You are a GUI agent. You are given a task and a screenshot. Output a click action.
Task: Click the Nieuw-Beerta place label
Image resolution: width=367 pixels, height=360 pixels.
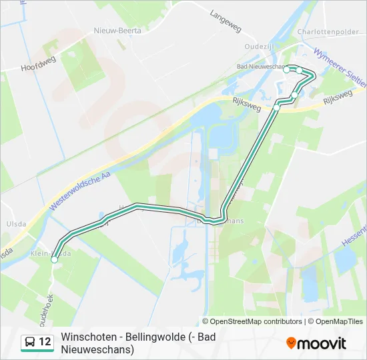coord(116,30)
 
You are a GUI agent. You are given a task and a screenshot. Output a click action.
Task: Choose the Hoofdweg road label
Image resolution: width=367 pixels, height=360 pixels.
coord(38,65)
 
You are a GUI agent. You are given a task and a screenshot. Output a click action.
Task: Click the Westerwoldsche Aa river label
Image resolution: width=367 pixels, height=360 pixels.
coord(79,189)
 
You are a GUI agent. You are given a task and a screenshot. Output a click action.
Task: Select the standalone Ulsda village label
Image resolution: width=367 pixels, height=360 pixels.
coord(14,224)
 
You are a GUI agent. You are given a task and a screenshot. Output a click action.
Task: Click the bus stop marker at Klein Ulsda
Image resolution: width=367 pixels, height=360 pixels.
coord(54,260)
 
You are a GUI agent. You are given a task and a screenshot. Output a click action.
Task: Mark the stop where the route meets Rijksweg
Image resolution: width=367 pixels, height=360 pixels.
coord(276,107)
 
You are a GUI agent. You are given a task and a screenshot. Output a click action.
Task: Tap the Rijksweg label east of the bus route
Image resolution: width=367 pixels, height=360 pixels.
coord(337,97)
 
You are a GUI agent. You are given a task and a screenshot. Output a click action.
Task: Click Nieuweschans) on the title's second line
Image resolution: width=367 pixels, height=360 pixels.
coord(97,349)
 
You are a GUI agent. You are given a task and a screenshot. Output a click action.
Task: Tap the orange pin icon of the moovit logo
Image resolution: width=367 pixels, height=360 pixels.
coord(291,343)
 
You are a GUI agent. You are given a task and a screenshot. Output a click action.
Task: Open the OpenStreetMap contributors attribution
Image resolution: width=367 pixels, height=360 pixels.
coord(256,321)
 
